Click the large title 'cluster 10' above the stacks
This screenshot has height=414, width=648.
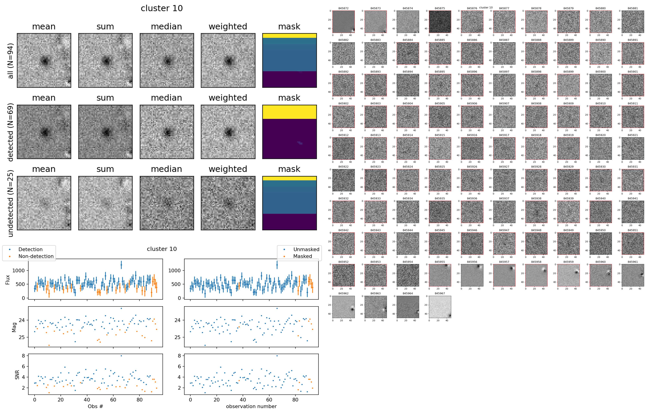(162, 8)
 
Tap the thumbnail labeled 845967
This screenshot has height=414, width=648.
(440, 307)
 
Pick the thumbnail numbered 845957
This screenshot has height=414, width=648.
(504, 275)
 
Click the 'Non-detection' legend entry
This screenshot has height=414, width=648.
(36, 256)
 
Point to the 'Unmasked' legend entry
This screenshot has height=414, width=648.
(306, 249)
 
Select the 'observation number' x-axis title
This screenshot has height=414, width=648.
(251, 406)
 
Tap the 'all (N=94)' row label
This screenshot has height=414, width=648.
(11, 61)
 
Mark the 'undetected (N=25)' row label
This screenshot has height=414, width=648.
(11, 203)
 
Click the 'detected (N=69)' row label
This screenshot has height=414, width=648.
(11, 132)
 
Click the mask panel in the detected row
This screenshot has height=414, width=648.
(289, 132)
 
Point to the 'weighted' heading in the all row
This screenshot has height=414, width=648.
(228, 27)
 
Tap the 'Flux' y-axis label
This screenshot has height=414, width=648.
(8, 279)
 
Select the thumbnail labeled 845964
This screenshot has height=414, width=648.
(408, 307)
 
